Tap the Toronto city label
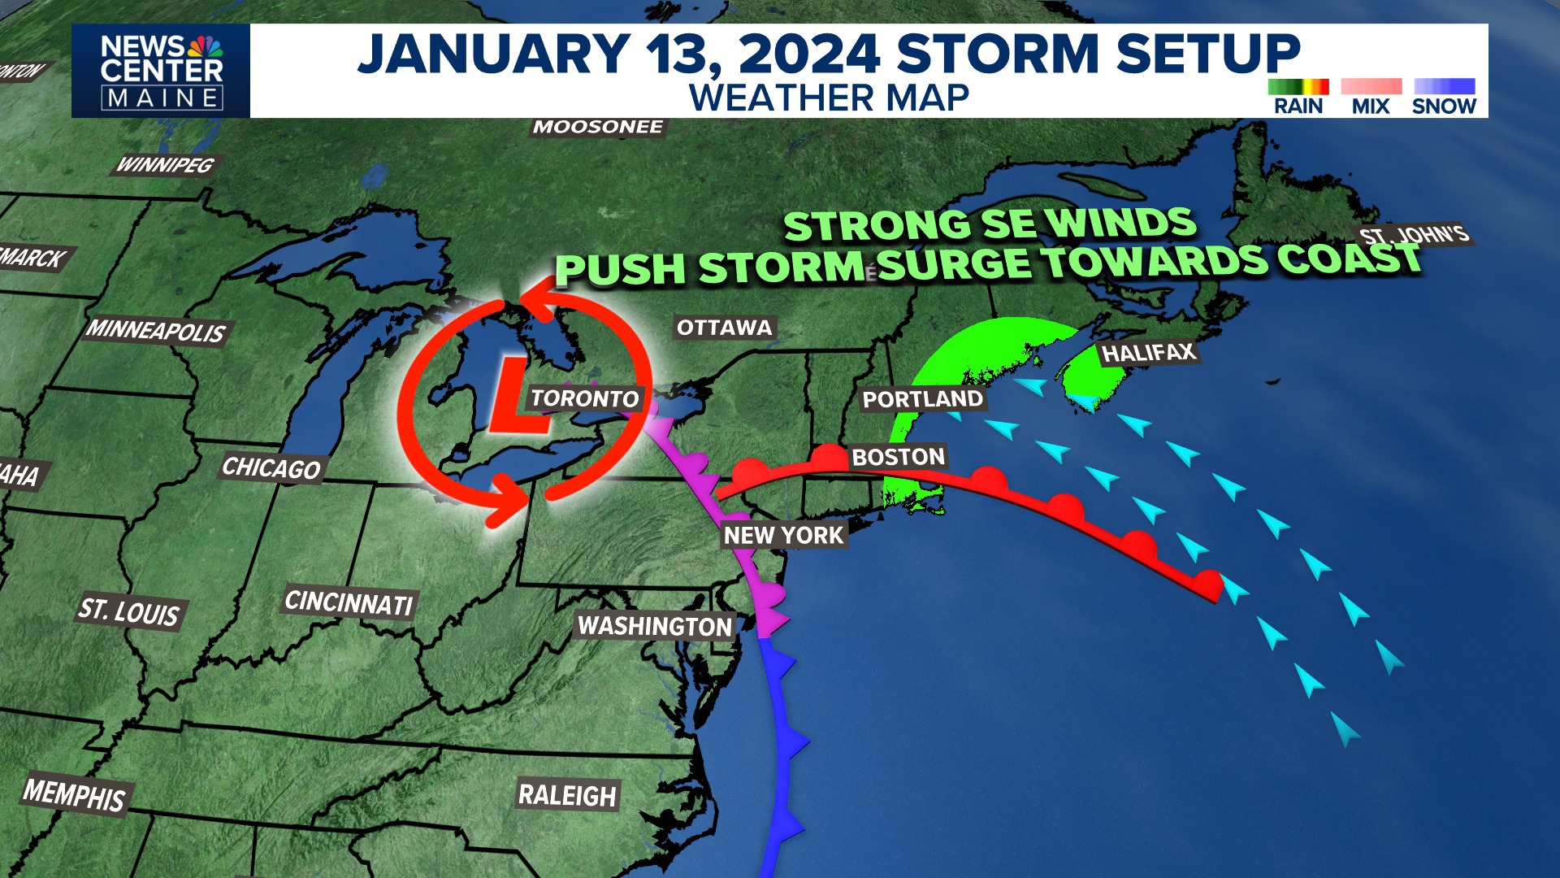pyautogui.click(x=585, y=398)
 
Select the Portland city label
pyautogui.click(x=922, y=399)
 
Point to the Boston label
pyautogui.click(x=898, y=457)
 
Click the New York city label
pyautogui.click(x=784, y=535)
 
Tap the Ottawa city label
pyautogui.click(x=725, y=328)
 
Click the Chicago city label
pyautogui.click(x=271, y=468)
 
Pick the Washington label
pyautogui.click(x=655, y=626)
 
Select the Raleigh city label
pyautogui.click(x=567, y=795)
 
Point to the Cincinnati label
pyautogui.click(x=349, y=602)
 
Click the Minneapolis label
pyautogui.click(x=156, y=330)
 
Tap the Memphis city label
pyautogui.click(x=75, y=794)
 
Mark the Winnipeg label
pyautogui.click(x=165, y=165)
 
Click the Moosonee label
pyautogui.click(x=598, y=127)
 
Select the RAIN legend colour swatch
pyautogui.click(x=1298, y=87)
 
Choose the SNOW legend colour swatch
pyautogui.click(x=1444, y=87)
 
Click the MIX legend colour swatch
pyautogui.click(x=1371, y=87)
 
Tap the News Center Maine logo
pyautogui.click(x=161, y=72)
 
